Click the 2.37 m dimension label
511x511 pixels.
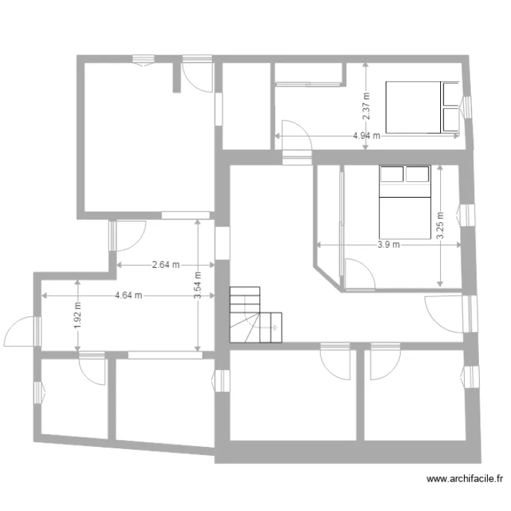click(x=366, y=106)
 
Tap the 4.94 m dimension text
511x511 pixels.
click(x=367, y=136)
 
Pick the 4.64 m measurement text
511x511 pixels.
click(x=129, y=296)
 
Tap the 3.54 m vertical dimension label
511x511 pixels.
click(x=198, y=294)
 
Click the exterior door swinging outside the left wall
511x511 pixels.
click(x=21, y=334)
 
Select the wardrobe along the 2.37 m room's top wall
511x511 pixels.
click(x=307, y=84)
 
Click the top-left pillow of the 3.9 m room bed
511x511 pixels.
click(x=391, y=174)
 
